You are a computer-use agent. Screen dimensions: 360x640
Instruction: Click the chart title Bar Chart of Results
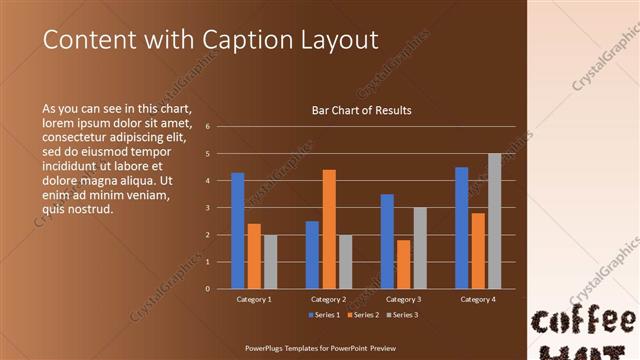click(361, 110)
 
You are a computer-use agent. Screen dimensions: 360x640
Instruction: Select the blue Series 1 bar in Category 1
click(238, 231)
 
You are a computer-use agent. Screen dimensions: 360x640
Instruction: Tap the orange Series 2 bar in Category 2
click(329, 229)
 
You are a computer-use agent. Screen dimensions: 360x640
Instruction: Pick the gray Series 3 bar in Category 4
click(494, 221)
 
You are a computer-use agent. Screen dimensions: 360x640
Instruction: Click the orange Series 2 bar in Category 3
click(403, 264)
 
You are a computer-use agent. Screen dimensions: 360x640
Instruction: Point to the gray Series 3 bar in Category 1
click(270, 262)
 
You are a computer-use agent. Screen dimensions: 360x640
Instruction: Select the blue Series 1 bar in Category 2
click(312, 255)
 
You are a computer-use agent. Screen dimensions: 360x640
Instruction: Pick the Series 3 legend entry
click(401, 315)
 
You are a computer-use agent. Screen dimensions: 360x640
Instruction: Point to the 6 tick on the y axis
click(207, 127)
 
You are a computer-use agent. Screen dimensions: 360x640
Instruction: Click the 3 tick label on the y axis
click(207, 208)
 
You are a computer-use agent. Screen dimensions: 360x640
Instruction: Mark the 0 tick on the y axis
click(207, 289)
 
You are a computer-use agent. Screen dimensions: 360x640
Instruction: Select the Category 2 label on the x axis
click(328, 299)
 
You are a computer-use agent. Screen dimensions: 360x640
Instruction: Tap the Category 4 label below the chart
click(477, 299)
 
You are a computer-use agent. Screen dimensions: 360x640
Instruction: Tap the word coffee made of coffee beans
click(583, 322)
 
